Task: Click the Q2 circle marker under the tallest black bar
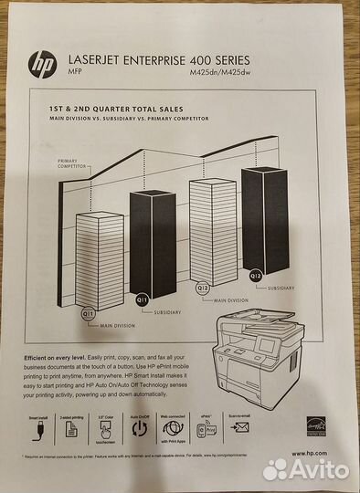point(256,275)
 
